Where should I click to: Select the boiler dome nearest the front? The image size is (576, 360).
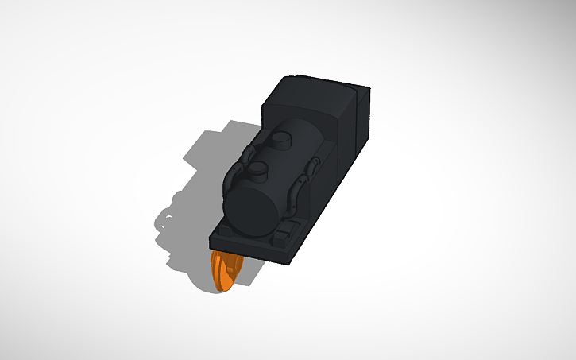coord(257,168)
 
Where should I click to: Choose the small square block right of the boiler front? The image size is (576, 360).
coord(283,235)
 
